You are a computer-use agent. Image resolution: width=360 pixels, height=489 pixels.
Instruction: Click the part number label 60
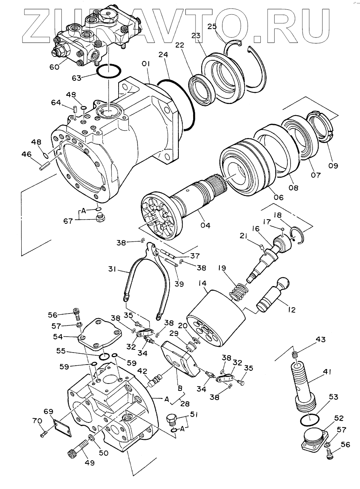coord(54,67)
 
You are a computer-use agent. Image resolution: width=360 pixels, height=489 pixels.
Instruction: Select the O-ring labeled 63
coord(109,72)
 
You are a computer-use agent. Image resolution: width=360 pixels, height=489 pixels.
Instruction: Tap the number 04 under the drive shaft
coord(205,225)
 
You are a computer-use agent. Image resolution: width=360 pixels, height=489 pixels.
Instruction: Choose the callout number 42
coord(144,372)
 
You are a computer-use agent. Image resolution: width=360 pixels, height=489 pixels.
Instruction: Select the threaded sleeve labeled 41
coord(305,386)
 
